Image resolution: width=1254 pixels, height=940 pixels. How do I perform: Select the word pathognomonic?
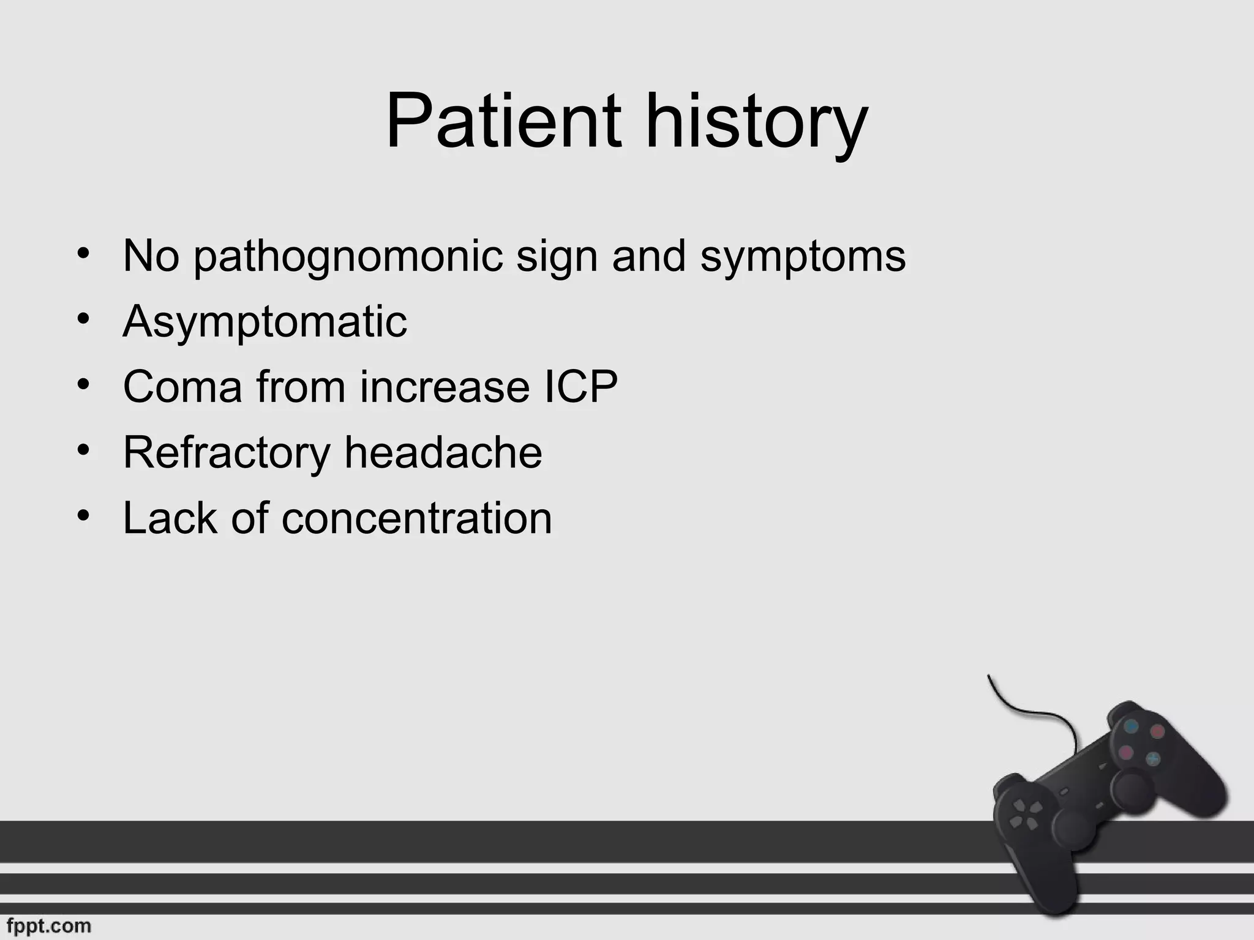(348, 257)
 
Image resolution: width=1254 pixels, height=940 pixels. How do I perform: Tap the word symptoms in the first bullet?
(803, 257)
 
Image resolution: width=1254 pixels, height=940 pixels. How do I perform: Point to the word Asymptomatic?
(265, 322)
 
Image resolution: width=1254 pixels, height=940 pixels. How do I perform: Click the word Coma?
(182, 387)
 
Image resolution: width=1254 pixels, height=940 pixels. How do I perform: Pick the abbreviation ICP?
(580, 387)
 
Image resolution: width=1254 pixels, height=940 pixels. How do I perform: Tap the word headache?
(443, 453)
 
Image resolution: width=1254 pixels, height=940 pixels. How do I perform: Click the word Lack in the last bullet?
(170, 518)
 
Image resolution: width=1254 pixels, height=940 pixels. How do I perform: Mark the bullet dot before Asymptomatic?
(84, 319)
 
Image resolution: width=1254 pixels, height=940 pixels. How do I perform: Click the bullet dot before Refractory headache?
(84, 450)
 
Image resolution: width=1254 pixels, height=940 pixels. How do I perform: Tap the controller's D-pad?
(1024, 815)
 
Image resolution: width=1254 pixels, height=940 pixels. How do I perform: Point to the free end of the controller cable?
(989, 676)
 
